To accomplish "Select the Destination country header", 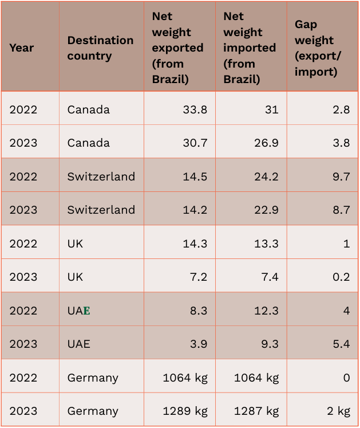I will point(100,48).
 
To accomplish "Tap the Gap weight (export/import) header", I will point(315,48).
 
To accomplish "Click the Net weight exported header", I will point(177,48).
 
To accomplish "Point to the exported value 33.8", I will point(195,109).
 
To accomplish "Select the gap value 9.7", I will point(341,176).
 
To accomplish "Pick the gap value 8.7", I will point(341,209).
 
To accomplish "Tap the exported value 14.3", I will point(195,243).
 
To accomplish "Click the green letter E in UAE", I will point(87,311).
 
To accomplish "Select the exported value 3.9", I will point(197,344).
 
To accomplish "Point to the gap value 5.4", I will point(341,344).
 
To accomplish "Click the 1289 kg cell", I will point(185,411).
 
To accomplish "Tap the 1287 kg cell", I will point(256,411).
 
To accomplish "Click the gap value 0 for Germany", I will point(346,378).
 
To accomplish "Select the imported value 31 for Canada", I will point(271,109).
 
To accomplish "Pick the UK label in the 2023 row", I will point(75,276).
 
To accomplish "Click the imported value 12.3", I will point(267,310).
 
